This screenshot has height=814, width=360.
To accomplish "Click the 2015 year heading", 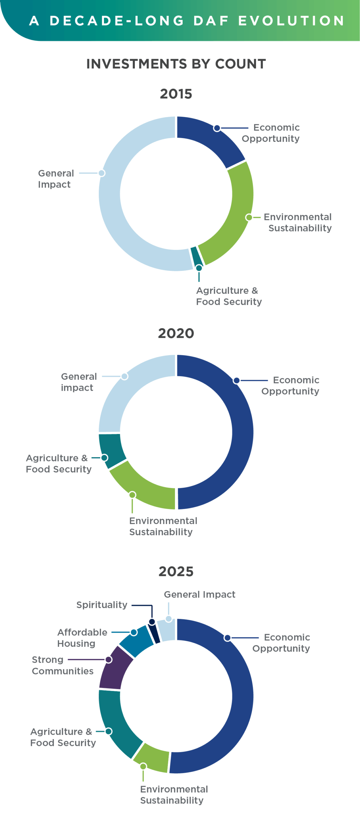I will pyautogui.click(x=176, y=94).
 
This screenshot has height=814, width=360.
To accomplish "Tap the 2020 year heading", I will pyautogui.click(x=176, y=333).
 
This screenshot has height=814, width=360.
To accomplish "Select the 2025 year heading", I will pyautogui.click(x=176, y=571).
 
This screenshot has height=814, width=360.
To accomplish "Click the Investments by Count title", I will pyautogui.click(x=176, y=64).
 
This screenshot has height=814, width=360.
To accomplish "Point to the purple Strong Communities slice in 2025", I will pyautogui.click(x=114, y=668).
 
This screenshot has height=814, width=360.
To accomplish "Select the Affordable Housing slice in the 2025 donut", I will pyautogui.click(x=137, y=641).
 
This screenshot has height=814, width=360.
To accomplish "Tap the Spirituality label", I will pyautogui.click(x=102, y=605).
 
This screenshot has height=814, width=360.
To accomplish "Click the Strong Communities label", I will pyautogui.click(x=62, y=665).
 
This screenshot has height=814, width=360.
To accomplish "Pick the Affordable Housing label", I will pyautogui.click(x=82, y=638).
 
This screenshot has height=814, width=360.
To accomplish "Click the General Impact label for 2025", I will pyautogui.click(x=199, y=594).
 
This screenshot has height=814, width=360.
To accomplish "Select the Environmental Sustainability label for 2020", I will pyautogui.click(x=163, y=526).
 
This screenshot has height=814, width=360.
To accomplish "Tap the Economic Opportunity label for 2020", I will pyautogui.click(x=290, y=385).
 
